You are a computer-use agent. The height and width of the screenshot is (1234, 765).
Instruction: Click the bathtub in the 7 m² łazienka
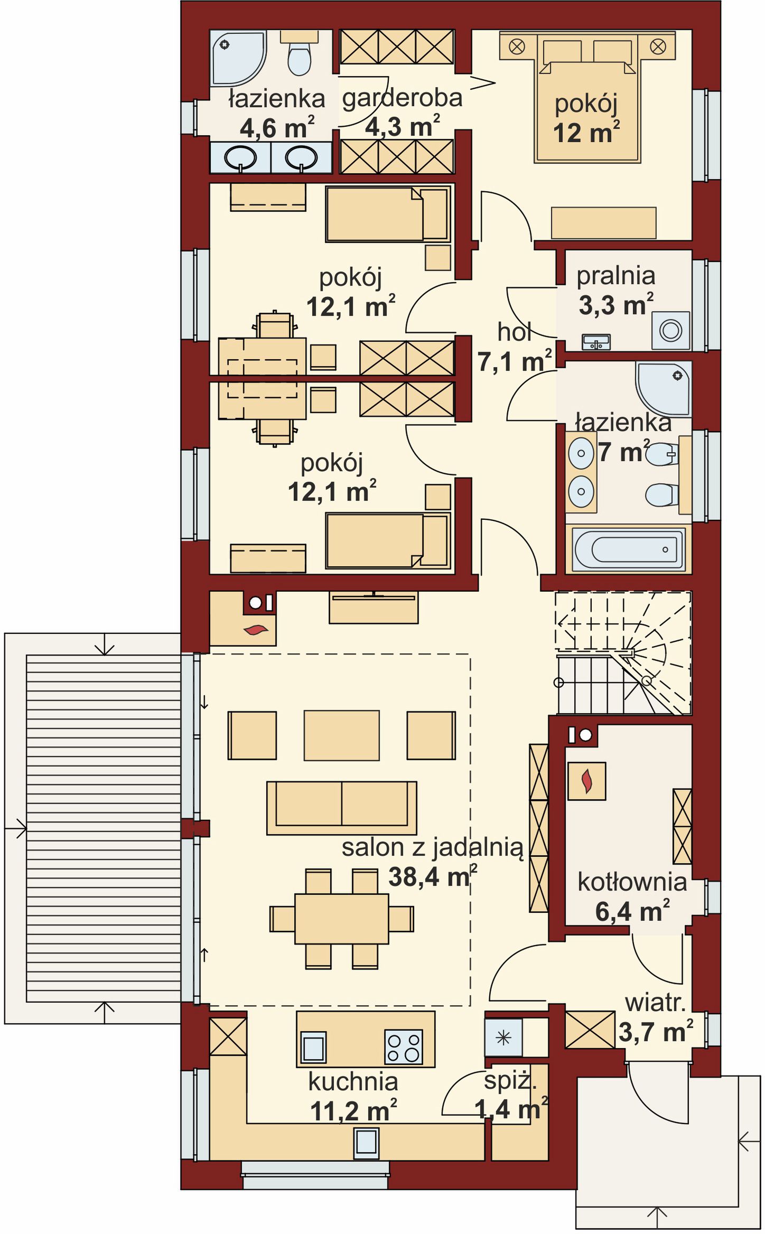click(628, 549)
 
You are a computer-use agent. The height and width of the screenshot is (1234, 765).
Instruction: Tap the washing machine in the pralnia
click(670, 331)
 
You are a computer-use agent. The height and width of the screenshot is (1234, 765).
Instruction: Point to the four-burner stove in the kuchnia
click(404, 1046)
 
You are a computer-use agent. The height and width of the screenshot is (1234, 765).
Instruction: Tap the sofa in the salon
click(341, 808)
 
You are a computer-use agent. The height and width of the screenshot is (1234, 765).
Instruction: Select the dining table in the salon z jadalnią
click(342, 919)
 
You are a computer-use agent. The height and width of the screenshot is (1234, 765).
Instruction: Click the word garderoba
click(403, 99)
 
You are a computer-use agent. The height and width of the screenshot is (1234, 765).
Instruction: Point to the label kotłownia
click(632, 882)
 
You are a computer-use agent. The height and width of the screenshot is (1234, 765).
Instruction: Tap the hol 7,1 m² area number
click(515, 361)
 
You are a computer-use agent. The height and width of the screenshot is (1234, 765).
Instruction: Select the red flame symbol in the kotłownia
click(586, 781)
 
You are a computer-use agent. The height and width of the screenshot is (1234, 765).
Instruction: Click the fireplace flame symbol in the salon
click(256, 629)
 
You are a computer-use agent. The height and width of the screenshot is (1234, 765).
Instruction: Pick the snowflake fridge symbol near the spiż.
click(503, 1038)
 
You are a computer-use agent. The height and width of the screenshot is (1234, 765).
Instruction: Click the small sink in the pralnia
click(596, 342)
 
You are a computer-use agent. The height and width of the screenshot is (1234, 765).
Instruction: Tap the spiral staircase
click(623, 653)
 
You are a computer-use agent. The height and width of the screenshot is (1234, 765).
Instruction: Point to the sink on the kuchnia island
click(313, 1046)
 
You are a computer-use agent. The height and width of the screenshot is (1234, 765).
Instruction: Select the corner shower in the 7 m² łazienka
click(664, 389)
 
